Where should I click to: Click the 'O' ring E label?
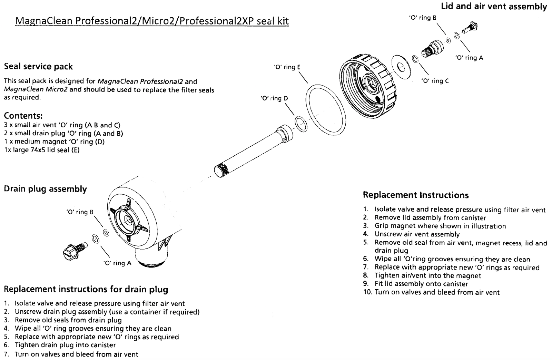pyautogui.click(x=287, y=67)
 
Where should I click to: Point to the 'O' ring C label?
pyautogui.click(x=435, y=81)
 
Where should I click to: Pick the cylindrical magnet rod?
pyautogui.click(x=252, y=152)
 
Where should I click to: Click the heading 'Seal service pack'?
pyautogui.click(x=38, y=66)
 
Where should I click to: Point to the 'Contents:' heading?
pyautogui.click(x=23, y=116)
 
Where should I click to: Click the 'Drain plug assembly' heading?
pyautogui.click(x=45, y=189)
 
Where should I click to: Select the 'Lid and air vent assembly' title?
pyautogui.click(x=494, y=6)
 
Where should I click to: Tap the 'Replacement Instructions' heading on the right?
pyautogui.click(x=415, y=195)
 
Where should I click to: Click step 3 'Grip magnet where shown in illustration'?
pyautogui.click(x=440, y=226)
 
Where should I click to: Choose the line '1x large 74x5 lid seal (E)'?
pyautogui.click(x=42, y=150)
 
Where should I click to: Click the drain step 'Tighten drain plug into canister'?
pyautogui.click(x=65, y=345)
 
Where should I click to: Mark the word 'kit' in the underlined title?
pyautogui.click(x=281, y=21)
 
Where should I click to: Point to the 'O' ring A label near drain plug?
pyautogui.click(x=117, y=263)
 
